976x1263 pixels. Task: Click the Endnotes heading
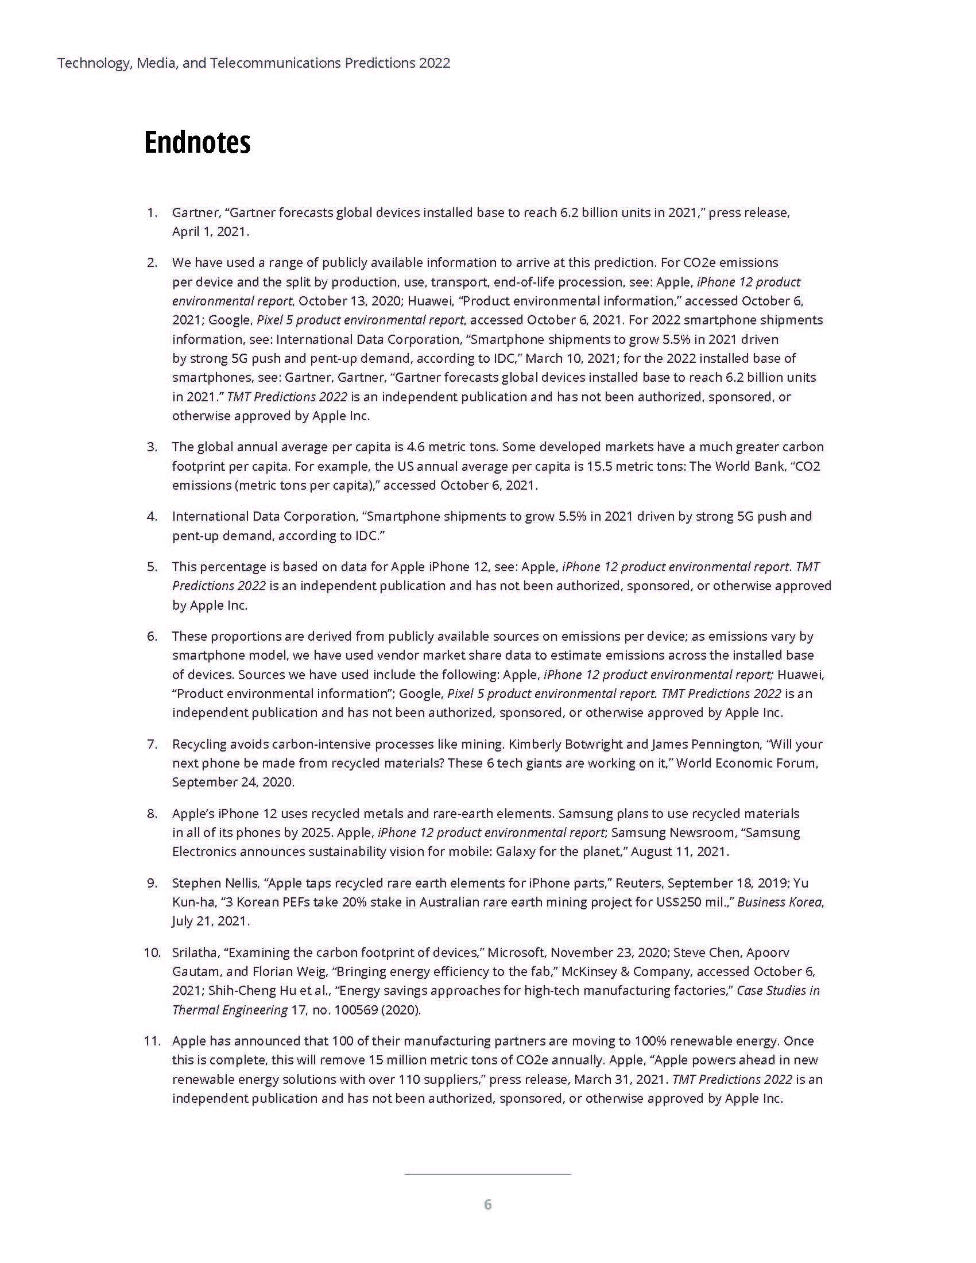(196, 142)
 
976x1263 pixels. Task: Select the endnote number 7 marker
(152, 743)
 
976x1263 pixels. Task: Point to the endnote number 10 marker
(152, 952)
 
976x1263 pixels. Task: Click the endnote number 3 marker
(152, 447)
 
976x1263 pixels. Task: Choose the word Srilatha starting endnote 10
(195, 952)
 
